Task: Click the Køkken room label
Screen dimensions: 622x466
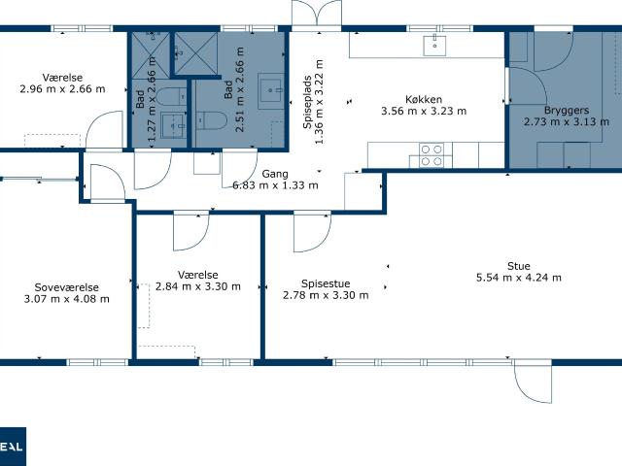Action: pos(424,99)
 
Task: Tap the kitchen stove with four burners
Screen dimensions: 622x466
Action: pos(432,155)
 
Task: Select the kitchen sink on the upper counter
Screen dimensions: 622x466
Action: pos(434,46)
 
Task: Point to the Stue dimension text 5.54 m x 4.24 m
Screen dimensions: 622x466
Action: pos(518,278)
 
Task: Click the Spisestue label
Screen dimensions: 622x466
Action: pos(326,283)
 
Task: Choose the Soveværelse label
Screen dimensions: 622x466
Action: pos(67,287)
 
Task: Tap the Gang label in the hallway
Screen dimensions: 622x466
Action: pos(275,174)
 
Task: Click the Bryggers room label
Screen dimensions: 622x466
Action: pos(567,111)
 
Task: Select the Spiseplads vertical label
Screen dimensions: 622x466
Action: pos(307,102)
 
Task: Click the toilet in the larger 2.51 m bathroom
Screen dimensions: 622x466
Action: pos(211,120)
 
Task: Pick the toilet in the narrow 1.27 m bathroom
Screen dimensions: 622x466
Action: pos(171,96)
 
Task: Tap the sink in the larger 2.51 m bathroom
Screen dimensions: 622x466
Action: pos(271,90)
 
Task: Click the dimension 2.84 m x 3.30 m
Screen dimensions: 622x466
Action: pos(198,286)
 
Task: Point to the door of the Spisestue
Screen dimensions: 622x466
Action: pos(312,231)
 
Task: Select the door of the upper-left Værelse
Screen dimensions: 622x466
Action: pos(104,130)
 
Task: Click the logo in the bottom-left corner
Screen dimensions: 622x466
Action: pos(12,447)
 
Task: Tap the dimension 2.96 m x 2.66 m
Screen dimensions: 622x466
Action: pos(62,88)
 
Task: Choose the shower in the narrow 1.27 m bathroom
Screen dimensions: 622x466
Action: pos(151,54)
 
